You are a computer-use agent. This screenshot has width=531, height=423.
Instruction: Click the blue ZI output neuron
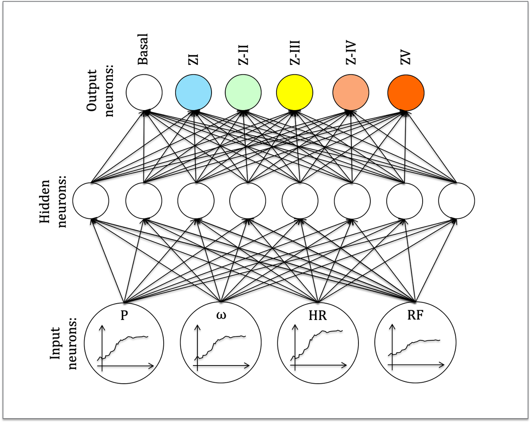(193, 92)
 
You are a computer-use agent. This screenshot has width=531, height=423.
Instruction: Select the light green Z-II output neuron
(243, 92)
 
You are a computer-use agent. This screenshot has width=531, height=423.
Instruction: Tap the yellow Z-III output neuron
(294, 92)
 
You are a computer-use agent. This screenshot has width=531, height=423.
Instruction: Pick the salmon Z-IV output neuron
(350, 92)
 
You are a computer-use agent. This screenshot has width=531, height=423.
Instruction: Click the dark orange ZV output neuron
(406, 93)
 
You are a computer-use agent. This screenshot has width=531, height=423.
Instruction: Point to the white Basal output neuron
(144, 92)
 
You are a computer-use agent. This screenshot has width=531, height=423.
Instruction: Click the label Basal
(143, 50)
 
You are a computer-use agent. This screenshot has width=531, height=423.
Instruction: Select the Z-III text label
(294, 53)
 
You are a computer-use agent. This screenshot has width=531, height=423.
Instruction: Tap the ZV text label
(405, 58)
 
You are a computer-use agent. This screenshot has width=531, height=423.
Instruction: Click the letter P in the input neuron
(124, 315)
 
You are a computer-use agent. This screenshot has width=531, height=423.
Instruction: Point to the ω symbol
(221, 315)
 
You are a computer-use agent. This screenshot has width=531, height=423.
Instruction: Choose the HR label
(318, 316)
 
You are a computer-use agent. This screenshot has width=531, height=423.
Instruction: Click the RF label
(415, 315)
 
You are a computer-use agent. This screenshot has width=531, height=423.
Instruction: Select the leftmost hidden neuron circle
(91, 201)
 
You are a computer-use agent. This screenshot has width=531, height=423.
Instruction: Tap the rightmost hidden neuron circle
(457, 201)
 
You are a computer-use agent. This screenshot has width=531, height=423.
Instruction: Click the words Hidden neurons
(53, 202)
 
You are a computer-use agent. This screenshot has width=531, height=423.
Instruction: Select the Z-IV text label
(350, 53)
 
